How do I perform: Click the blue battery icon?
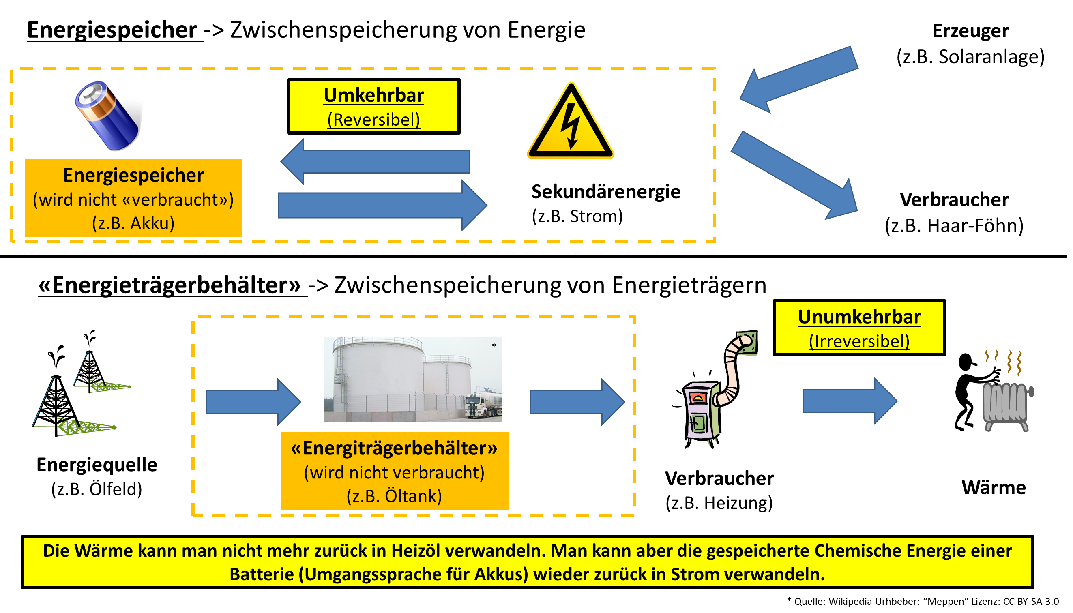coord(108,116)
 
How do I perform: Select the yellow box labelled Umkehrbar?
coord(374,107)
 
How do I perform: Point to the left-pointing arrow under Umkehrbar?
coord(375,162)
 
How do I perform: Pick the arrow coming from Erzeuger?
coord(798,80)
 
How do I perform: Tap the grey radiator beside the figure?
coord(1006,406)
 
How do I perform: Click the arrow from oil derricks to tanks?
coord(253,402)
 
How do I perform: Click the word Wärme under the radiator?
coord(994,488)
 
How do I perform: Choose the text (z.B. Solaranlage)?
coord(971,57)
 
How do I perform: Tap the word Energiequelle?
coord(97,465)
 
